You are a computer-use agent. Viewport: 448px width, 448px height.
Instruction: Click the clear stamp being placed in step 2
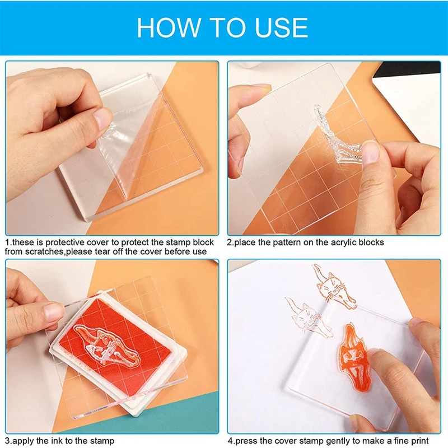pyautogui.click(x=337, y=134)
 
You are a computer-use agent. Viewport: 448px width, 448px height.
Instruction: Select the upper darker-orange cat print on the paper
pyautogui.click(x=335, y=287)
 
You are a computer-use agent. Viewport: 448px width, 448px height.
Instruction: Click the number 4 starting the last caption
pyautogui.click(x=230, y=441)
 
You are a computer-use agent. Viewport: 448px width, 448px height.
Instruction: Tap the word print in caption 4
pyautogui.click(x=419, y=441)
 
